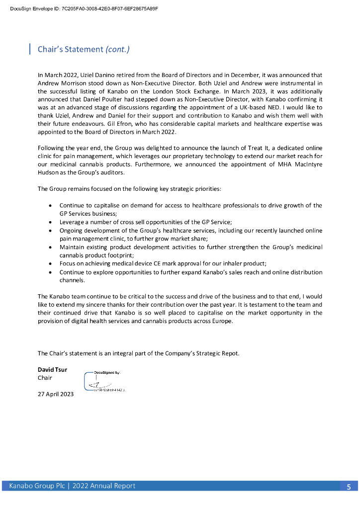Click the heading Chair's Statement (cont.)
pyautogui.click(x=84, y=49)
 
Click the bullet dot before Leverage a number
pyautogui.click(x=51, y=222)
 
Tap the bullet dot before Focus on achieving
pyautogui.click(x=51, y=263)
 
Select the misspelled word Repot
pyautogui.click(x=230, y=353)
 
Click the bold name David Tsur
pyautogui.click(x=52, y=369)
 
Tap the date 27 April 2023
pyautogui.click(x=56, y=394)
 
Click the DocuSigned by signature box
pyautogui.click(x=104, y=381)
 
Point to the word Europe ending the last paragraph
pyautogui.click(x=221, y=321)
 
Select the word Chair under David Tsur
pyautogui.click(x=45, y=378)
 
